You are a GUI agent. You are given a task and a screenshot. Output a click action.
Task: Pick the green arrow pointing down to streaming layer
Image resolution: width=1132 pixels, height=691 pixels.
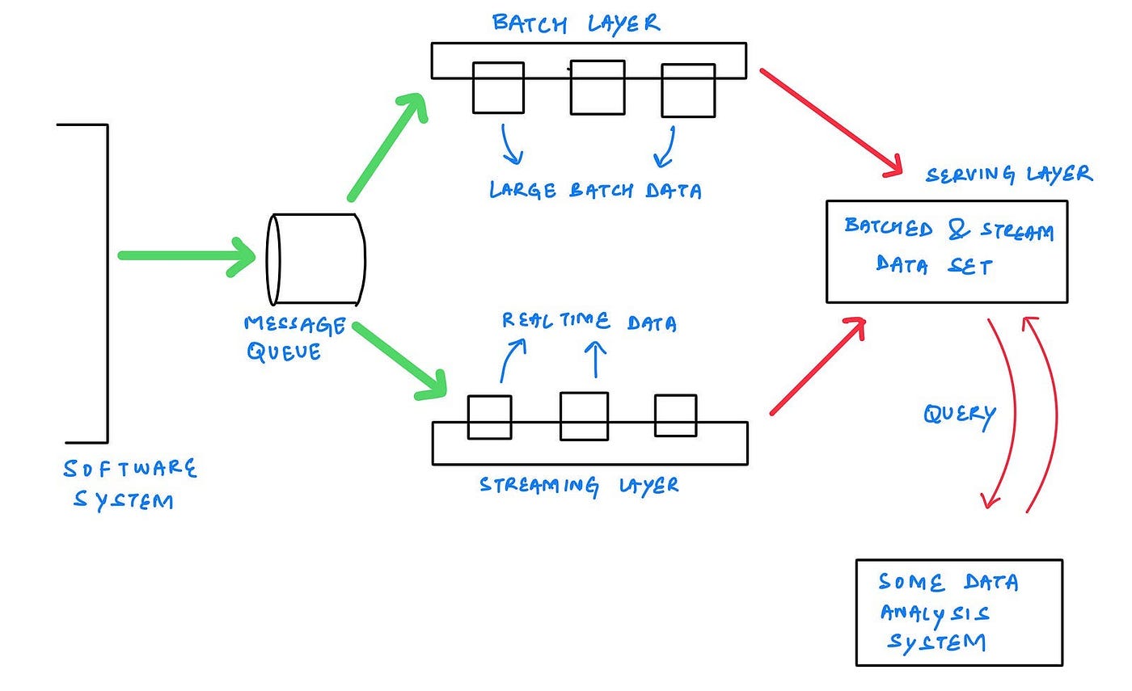coord(399,360)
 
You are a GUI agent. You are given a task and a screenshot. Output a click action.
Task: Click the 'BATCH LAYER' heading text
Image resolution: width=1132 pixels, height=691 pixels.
coord(576,23)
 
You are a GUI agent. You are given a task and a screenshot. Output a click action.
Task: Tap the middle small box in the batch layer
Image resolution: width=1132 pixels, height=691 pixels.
coord(597,87)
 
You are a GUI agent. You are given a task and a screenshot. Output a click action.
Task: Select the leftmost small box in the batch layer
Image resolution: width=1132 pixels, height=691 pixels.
coord(498,87)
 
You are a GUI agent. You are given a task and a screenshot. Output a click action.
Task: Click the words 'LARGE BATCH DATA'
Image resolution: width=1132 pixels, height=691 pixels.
coord(595,191)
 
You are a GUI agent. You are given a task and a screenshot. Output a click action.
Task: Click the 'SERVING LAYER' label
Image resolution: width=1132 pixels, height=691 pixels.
coord(1009,174)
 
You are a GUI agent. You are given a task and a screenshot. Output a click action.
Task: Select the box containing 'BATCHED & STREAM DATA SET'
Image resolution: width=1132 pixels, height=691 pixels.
coord(946,251)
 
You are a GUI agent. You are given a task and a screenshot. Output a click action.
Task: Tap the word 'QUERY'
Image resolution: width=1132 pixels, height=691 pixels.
coord(959,415)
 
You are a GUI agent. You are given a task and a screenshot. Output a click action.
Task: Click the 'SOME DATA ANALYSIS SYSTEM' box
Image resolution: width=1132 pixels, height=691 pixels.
coord(959,612)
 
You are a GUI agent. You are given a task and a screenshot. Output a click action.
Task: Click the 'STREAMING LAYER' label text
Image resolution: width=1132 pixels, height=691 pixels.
coord(579,485)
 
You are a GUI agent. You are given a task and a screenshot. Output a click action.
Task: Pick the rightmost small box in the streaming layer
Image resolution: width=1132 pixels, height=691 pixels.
coord(675,415)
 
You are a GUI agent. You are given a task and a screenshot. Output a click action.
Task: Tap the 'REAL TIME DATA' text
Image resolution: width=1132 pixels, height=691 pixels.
coord(589,322)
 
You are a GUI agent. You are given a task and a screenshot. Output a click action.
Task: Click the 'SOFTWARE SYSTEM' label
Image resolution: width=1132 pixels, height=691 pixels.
coord(129,484)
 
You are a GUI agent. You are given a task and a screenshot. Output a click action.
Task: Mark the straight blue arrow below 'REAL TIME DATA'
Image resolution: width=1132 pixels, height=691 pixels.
coord(595,360)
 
